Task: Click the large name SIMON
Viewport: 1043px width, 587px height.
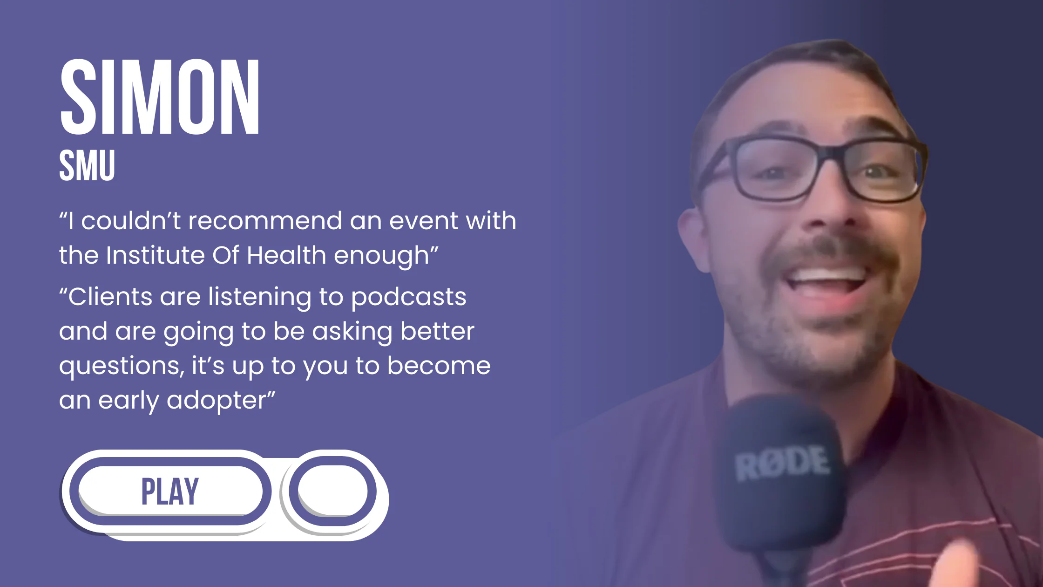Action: pos(160,97)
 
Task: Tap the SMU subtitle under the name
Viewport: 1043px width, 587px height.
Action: pos(87,165)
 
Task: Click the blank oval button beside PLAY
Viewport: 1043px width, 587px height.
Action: pos(332,491)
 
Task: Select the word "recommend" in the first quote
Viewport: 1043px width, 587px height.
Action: pos(265,220)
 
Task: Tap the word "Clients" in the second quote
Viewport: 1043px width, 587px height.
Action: pos(110,297)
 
